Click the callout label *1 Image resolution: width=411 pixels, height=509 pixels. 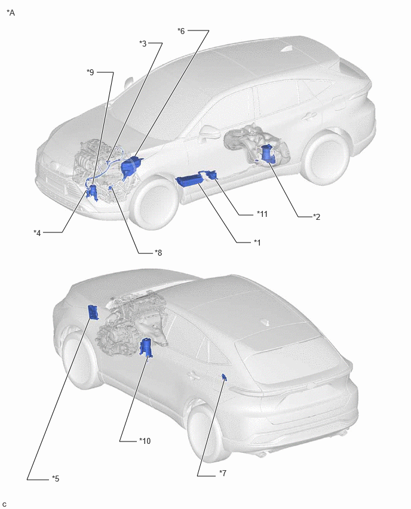257,243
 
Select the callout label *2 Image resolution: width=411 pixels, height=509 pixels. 317,217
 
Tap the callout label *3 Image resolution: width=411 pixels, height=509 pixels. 143,44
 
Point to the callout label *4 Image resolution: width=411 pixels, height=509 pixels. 37,233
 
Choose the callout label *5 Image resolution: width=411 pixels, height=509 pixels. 56,479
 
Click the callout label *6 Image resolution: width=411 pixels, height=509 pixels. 181,31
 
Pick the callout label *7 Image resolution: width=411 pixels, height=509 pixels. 223,473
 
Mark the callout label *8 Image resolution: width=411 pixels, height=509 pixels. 158,253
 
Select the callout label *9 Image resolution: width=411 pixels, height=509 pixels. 90,72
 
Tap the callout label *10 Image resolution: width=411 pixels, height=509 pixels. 145,441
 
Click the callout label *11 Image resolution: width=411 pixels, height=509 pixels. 262,214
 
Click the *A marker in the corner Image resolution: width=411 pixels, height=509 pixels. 11,13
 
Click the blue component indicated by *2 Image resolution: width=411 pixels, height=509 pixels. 268,154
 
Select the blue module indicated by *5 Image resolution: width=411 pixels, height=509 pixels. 94,312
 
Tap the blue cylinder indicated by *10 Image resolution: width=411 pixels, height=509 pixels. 146,347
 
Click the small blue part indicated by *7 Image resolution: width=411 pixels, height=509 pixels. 224,376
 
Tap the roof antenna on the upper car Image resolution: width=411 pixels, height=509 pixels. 287,49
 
